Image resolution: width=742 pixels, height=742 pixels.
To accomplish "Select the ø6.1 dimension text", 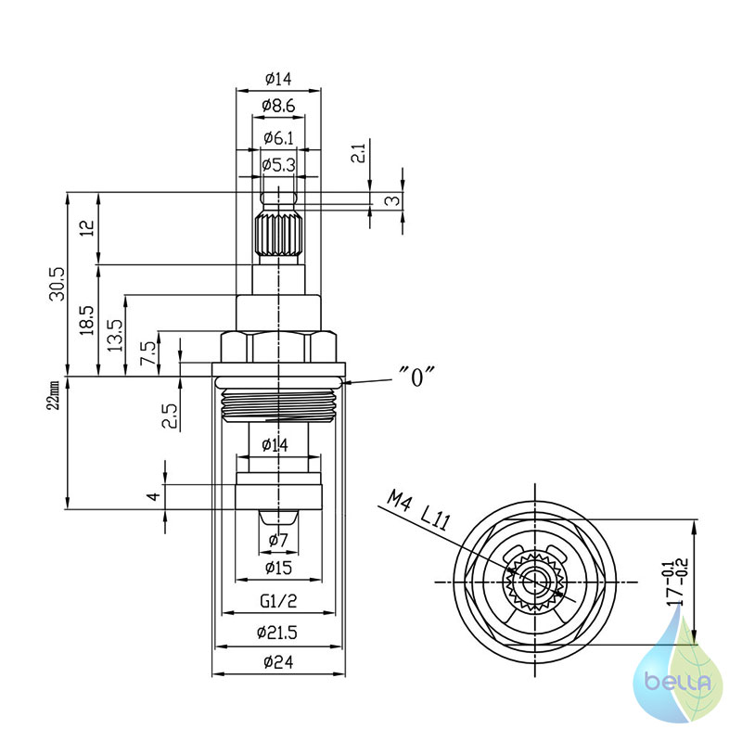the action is click(279, 137).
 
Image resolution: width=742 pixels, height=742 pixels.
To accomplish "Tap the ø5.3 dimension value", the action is click(279, 165).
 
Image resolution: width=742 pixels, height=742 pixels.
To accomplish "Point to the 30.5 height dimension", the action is click(58, 284).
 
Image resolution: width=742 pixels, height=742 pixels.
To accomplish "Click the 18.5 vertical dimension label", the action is click(87, 320).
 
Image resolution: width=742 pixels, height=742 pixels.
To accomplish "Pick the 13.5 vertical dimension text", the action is click(115, 335).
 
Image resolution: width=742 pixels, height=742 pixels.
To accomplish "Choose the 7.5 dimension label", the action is click(147, 352).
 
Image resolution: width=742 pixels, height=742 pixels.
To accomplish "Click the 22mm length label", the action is click(55, 395).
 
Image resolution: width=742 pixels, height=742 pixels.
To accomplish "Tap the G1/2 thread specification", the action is click(279, 601).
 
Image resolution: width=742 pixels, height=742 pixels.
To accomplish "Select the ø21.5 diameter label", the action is click(277, 632).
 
